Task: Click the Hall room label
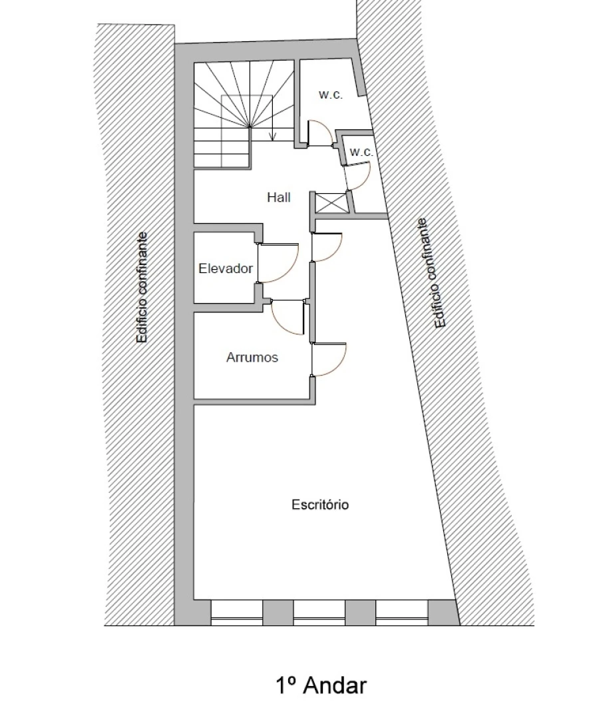click(278, 197)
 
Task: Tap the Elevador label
click(226, 268)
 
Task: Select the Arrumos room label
click(252, 358)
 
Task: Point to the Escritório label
click(320, 505)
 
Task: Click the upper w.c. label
click(330, 95)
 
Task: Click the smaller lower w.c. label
click(361, 152)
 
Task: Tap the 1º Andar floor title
click(321, 685)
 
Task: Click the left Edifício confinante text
click(142, 287)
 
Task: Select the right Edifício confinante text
click(431, 274)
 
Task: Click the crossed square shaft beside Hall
click(331, 202)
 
